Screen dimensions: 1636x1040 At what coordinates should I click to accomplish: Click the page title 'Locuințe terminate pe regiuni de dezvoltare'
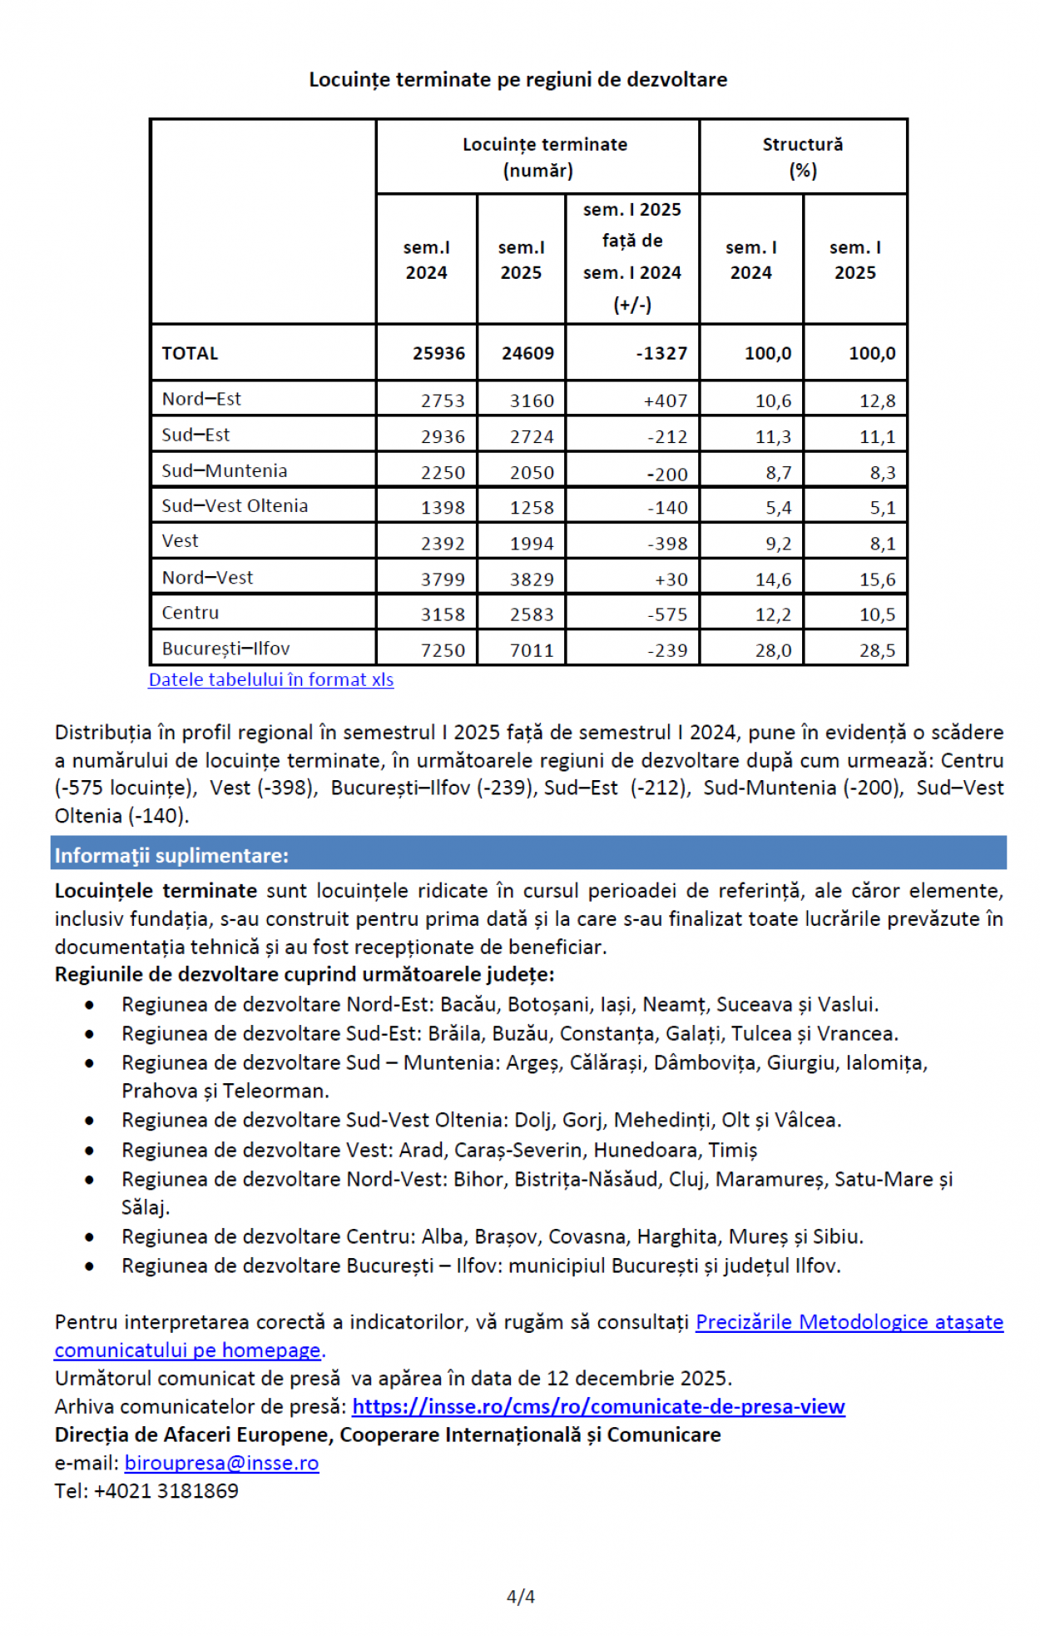pyautogui.click(x=518, y=80)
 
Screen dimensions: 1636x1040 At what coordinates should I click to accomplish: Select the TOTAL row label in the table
pyautogui.click(x=190, y=353)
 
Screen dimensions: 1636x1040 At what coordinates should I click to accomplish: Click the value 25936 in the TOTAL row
pyautogui.click(x=438, y=353)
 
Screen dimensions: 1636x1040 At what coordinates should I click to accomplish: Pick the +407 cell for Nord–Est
pyautogui.click(x=666, y=400)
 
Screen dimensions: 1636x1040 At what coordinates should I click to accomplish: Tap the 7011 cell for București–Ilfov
pyautogui.click(x=532, y=650)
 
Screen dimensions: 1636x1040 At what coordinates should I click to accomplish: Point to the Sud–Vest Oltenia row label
pyautogui.click(x=235, y=505)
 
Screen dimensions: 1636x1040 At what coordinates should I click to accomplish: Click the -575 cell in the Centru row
pyautogui.click(x=667, y=614)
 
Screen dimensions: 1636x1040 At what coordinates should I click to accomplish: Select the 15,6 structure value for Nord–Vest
pyautogui.click(x=877, y=579)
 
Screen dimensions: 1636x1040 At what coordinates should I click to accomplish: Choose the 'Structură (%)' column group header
pyautogui.click(x=802, y=157)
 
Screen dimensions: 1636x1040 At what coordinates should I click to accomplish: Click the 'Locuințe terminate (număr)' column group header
pyautogui.click(x=544, y=157)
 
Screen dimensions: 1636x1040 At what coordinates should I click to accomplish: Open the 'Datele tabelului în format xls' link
pyautogui.click(x=270, y=679)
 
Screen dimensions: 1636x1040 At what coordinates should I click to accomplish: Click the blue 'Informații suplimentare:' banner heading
pyautogui.click(x=171, y=855)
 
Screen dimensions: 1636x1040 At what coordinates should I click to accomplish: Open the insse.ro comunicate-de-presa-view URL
pyautogui.click(x=598, y=1406)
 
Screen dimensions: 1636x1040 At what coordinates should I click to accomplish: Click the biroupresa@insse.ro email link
pyautogui.click(x=221, y=1463)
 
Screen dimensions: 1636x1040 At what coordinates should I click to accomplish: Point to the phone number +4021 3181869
pyautogui.click(x=166, y=1491)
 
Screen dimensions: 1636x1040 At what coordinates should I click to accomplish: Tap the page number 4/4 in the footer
pyautogui.click(x=520, y=1596)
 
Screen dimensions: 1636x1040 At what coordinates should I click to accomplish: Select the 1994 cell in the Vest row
pyautogui.click(x=532, y=544)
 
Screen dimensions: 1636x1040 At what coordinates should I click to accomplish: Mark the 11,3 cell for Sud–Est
pyautogui.click(x=773, y=436)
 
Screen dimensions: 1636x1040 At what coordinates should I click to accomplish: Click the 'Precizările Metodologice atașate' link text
pyautogui.click(x=849, y=1322)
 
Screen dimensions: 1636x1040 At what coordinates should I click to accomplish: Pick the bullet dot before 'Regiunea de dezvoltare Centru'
pyautogui.click(x=89, y=1237)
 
